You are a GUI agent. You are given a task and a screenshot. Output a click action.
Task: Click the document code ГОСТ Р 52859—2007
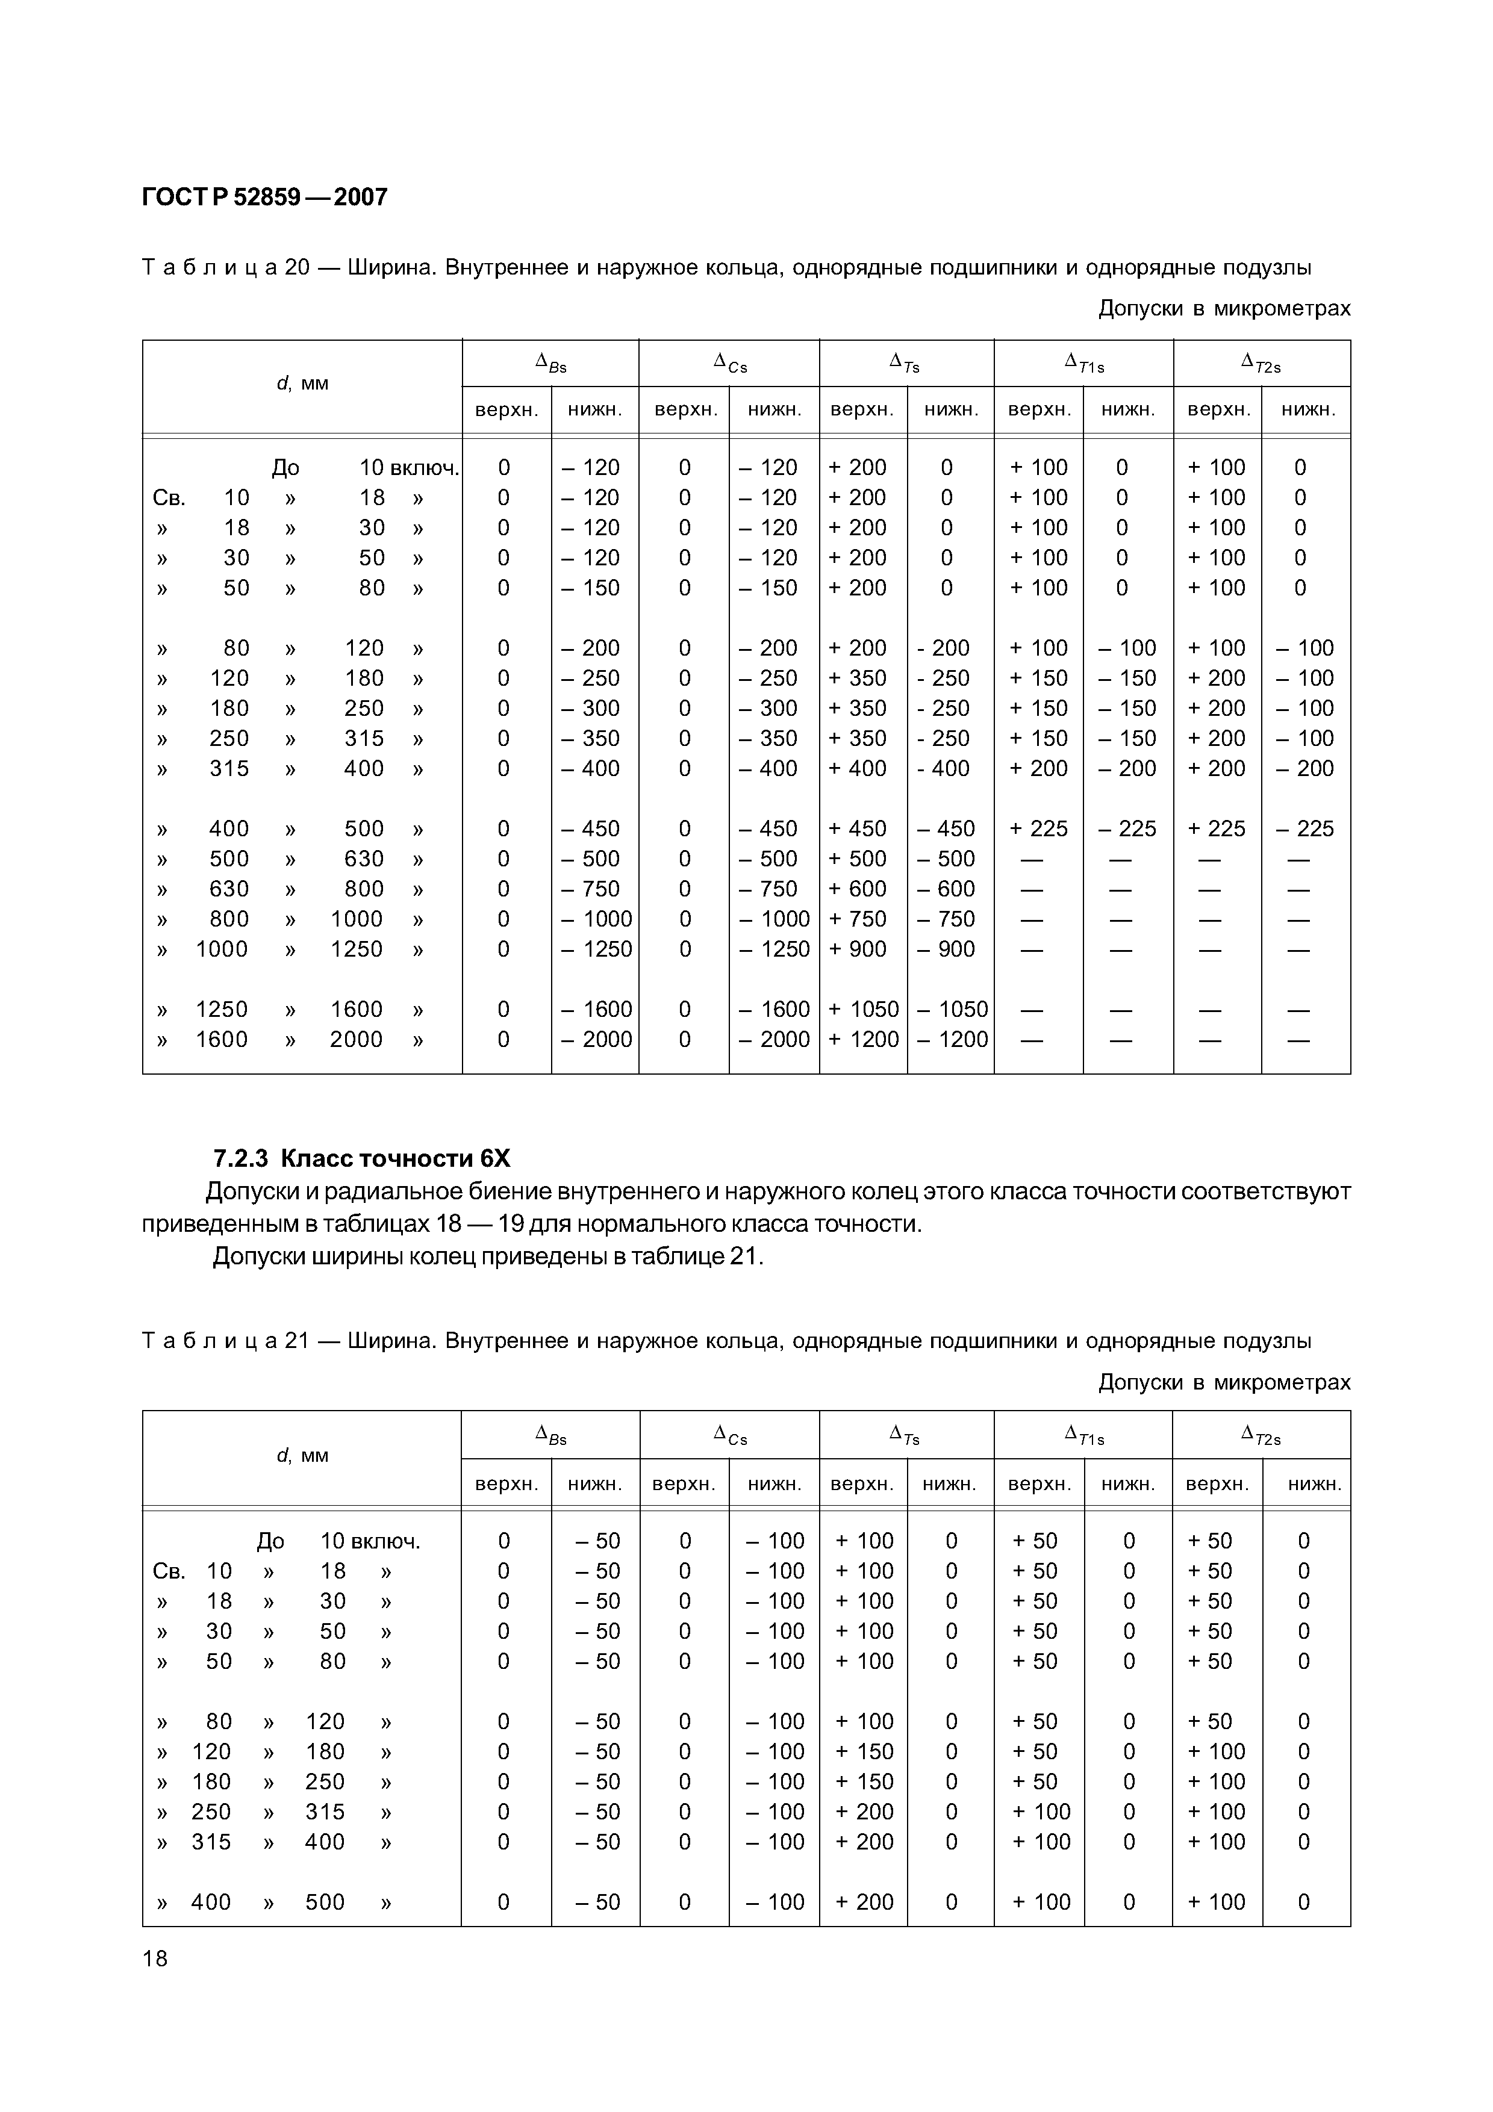[x=265, y=197]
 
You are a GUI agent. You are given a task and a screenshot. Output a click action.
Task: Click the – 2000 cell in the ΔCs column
[x=774, y=1040]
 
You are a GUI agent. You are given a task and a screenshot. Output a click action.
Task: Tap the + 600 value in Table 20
[x=858, y=889]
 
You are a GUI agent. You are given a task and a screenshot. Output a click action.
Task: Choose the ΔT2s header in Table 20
[x=1261, y=364]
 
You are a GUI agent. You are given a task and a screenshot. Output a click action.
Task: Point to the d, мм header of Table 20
[x=302, y=384]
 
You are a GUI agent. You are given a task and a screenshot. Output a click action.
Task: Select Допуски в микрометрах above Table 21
[x=1223, y=1382]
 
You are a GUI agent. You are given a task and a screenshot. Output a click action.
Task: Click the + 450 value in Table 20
[x=858, y=829]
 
